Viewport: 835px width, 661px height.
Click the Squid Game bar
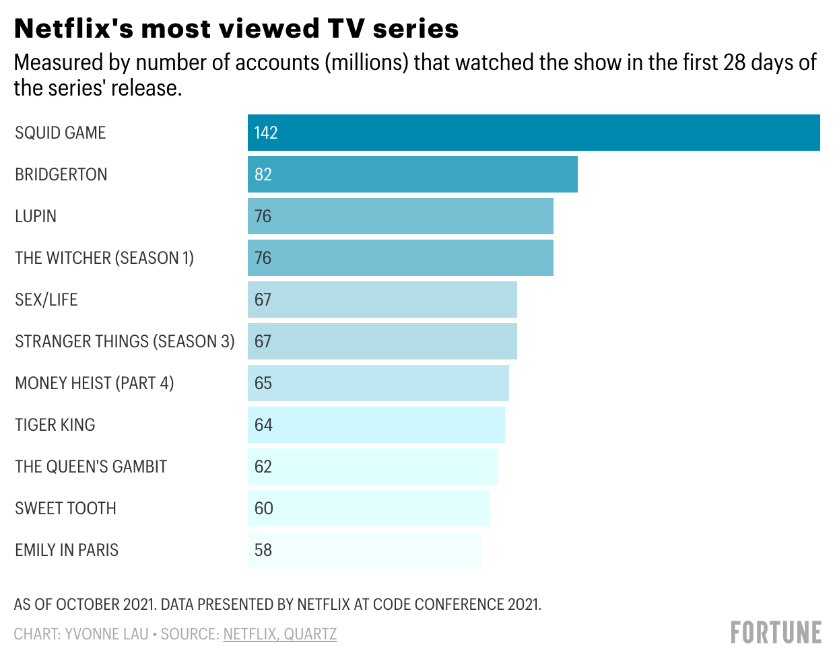coord(533,133)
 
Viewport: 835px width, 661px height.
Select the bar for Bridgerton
coord(412,174)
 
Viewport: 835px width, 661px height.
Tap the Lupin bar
coord(400,216)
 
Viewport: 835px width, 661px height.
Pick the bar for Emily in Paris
coord(364,550)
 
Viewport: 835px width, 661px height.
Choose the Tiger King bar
coord(376,425)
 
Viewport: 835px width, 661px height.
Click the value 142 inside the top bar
coord(266,133)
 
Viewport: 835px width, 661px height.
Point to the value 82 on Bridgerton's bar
coord(263,174)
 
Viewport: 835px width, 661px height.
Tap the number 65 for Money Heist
coord(263,383)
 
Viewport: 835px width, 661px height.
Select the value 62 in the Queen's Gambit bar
coord(263,466)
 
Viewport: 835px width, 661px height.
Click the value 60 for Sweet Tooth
coord(263,508)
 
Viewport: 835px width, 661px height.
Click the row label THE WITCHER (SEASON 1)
coord(104,258)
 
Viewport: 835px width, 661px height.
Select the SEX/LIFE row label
coord(46,300)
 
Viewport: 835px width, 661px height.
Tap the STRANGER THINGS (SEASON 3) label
coord(125,341)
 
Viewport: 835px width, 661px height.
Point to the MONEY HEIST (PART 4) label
coord(94,383)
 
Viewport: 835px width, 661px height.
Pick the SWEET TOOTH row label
coord(65,508)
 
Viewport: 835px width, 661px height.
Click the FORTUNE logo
coord(776,633)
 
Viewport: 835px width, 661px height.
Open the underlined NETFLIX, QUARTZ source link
coord(280,634)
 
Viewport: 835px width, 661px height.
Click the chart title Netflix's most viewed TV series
coord(236,28)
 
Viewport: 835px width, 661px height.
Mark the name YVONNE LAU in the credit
coord(106,634)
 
